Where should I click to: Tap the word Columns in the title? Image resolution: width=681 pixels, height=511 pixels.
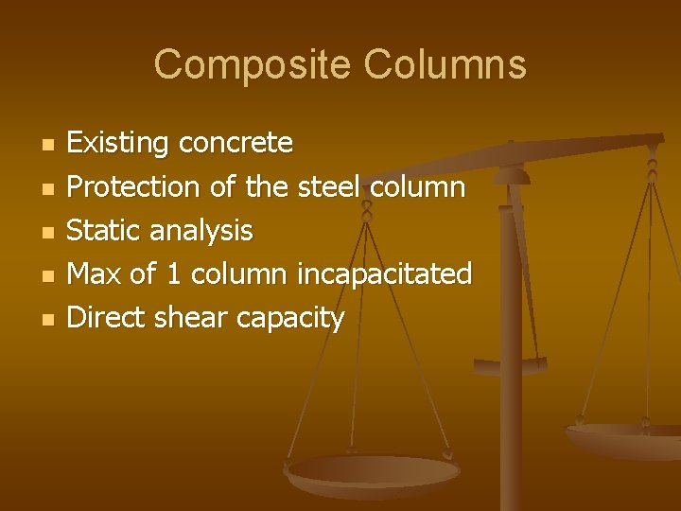click(445, 65)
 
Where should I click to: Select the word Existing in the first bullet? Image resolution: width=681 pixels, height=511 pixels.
click(118, 144)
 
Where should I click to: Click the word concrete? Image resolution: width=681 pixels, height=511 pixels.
click(236, 144)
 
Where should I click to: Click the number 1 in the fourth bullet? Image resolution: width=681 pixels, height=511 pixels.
click(172, 274)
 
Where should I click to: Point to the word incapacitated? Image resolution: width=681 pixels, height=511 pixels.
click(384, 274)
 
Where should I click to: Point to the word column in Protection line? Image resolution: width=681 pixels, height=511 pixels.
click(418, 187)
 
